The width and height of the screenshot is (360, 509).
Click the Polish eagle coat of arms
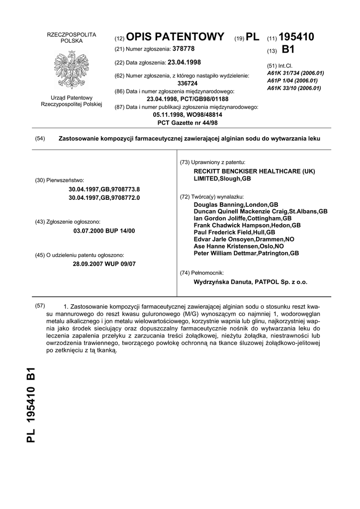coord(71,69)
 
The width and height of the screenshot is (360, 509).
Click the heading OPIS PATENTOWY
coord(175,37)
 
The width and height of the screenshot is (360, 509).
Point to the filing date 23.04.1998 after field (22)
coord(184,62)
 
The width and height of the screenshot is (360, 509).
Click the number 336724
coord(187,84)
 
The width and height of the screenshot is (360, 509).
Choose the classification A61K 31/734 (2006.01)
coord(295,73)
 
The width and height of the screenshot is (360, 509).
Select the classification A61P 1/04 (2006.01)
coord(292,81)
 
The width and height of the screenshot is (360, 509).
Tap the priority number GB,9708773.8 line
coord(104,189)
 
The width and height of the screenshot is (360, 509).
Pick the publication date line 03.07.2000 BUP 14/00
coord(104,231)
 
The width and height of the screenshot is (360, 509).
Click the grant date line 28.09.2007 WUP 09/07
coord(104,264)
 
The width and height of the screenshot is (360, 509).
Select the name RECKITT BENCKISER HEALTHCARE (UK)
coord(254,171)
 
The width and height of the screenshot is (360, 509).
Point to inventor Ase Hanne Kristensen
coord(239,246)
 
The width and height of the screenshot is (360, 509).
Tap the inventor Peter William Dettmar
coord(246,253)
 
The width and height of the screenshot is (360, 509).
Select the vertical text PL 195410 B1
coord(31,405)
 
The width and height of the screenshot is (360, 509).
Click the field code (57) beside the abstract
coord(40,306)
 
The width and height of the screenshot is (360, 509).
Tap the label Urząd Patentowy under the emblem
coord(71,98)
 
